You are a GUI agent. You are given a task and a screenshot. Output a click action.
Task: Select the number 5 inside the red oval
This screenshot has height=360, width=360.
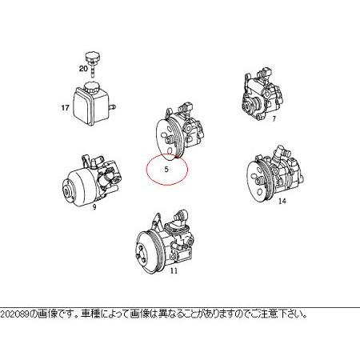pos(166,170)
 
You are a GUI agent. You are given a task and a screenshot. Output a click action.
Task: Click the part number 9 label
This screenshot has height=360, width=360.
pos(94,207)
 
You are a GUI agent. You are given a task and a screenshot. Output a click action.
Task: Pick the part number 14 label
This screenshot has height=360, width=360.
pos(281,201)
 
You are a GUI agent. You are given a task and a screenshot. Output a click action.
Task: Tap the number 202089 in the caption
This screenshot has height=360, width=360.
pos(14,314)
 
